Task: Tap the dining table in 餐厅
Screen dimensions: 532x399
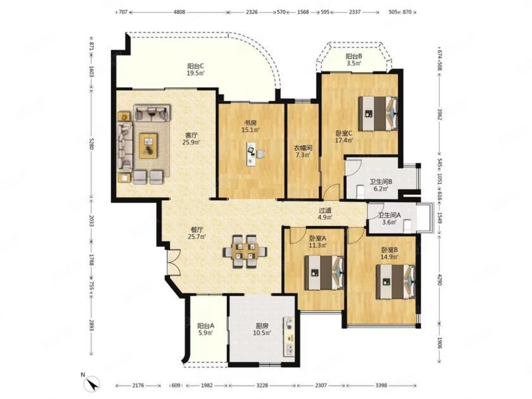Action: [245, 251]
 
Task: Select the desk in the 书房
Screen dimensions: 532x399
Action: [252, 154]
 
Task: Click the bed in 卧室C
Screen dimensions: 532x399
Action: [378, 113]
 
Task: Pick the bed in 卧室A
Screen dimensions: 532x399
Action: [324, 272]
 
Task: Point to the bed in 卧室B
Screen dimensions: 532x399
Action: [396, 282]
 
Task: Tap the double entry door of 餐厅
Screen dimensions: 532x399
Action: [174, 262]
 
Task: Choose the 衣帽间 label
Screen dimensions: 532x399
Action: [303, 148]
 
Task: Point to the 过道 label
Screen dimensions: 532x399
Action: [325, 211]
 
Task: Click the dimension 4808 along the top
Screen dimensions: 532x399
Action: [180, 12]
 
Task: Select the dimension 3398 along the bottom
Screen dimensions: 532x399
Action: [381, 385]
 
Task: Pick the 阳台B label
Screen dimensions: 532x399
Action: [354, 57]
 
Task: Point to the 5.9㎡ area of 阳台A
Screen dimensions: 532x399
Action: [205, 333]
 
